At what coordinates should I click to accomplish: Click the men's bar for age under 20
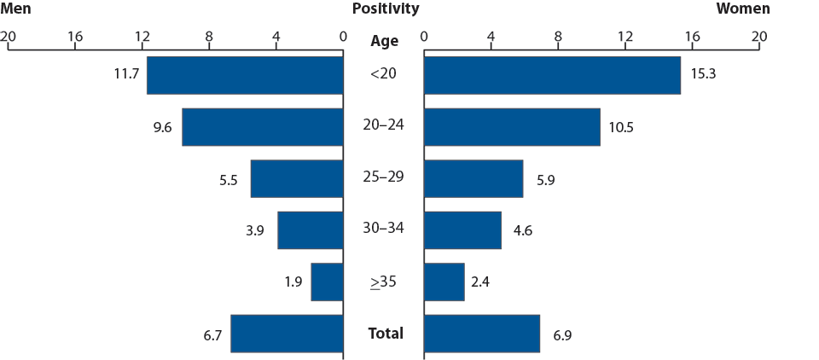point(245,75)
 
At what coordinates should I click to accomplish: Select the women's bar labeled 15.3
point(552,75)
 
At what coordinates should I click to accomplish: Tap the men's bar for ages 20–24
point(262,127)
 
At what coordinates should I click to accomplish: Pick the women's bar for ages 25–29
point(473,178)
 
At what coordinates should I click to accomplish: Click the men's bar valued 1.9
point(327,282)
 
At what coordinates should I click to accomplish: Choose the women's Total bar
point(482,334)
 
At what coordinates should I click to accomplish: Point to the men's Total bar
point(287,334)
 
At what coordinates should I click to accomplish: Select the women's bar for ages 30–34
point(462,230)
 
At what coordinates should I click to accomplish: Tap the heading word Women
point(742,9)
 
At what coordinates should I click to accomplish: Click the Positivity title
point(386,9)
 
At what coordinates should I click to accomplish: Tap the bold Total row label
point(386,333)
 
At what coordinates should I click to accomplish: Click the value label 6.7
point(212,335)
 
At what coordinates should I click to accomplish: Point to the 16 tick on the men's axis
point(75,37)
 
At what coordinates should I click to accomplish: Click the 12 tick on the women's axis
point(624,37)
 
